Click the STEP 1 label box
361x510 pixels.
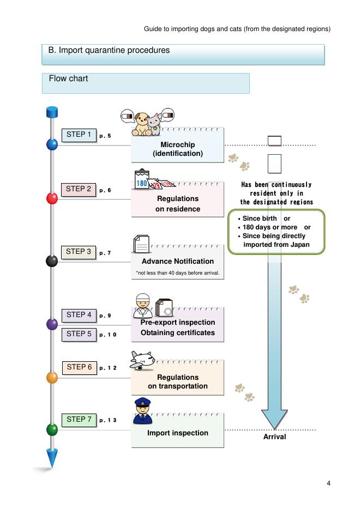[x=79, y=135]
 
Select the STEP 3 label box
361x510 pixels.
[x=79, y=252]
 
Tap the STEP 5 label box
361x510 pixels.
[x=79, y=334]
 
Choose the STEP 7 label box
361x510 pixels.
[x=79, y=420]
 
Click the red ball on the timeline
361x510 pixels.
[x=52, y=198]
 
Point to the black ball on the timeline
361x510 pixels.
[x=52, y=261]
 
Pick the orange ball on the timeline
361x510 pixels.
[x=52, y=377]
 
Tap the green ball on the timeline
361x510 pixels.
[x=52, y=429]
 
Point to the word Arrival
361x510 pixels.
[x=275, y=437]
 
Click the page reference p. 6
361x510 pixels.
[x=105, y=190]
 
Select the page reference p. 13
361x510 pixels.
[x=107, y=420]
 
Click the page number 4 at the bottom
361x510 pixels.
[x=329, y=483]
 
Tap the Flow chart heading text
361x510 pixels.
[x=68, y=79]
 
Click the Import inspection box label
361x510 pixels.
[x=178, y=433]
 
